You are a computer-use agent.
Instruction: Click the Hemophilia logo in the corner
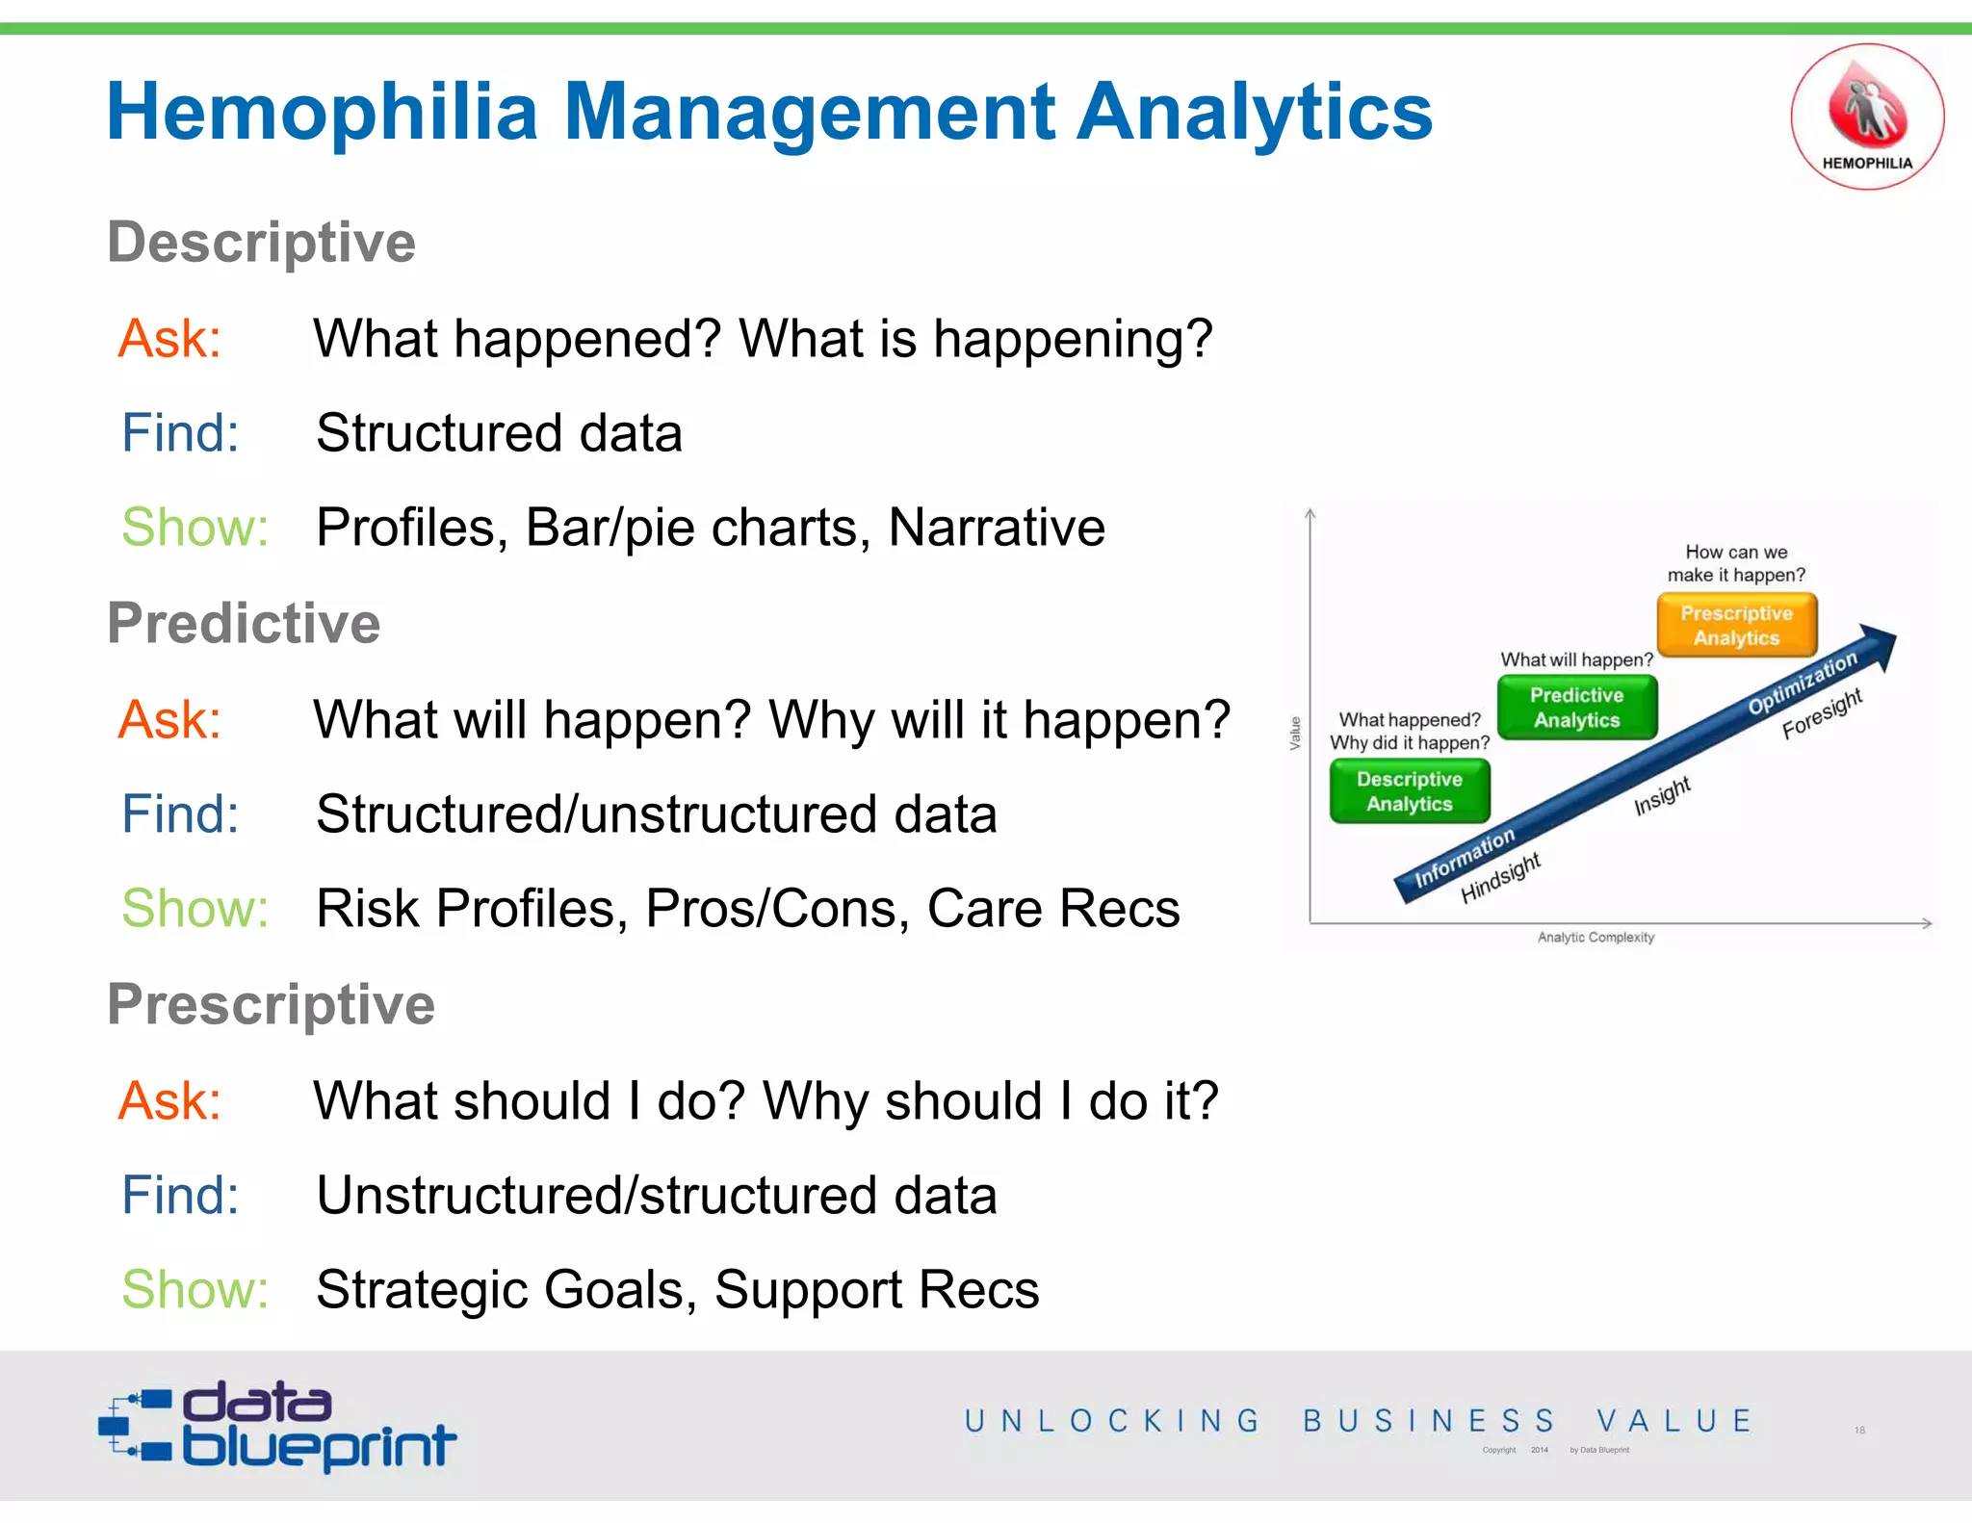pyautogui.click(x=1866, y=116)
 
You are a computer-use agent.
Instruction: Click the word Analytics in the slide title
pyautogui.click(x=1254, y=113)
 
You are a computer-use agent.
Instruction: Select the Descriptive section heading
pyautogui.click(x=261, y=242)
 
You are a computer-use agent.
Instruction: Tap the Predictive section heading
pyautogui.click(x=244, y=623)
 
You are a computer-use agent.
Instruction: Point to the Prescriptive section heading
pyautogui.click(x=271, y=1004)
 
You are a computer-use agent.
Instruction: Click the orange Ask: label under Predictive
pyautogui.click(x=169, y=719)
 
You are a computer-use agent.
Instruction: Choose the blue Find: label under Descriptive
pyautogui.click(x=180, y=433)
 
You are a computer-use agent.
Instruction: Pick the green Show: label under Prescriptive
pyautogui.click(x=195, y=1289)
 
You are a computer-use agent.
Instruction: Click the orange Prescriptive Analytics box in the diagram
pyautogui.click(x=1736, y=626)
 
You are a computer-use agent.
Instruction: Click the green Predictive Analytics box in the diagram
pyautogui.click(x=1576, y=708)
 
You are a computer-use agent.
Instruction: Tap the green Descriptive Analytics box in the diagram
pyautogui.click(x=1409, y=791)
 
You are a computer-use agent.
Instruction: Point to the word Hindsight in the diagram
pyautogui.click(x=1500, y=877)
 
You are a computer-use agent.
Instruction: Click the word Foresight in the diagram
pyautogui.click(x=1821, y=713)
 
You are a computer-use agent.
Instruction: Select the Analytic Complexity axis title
pyautogui.click(x=1596, y=938)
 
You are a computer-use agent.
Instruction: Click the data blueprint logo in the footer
pyautogui.click(x=277, y=1427)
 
